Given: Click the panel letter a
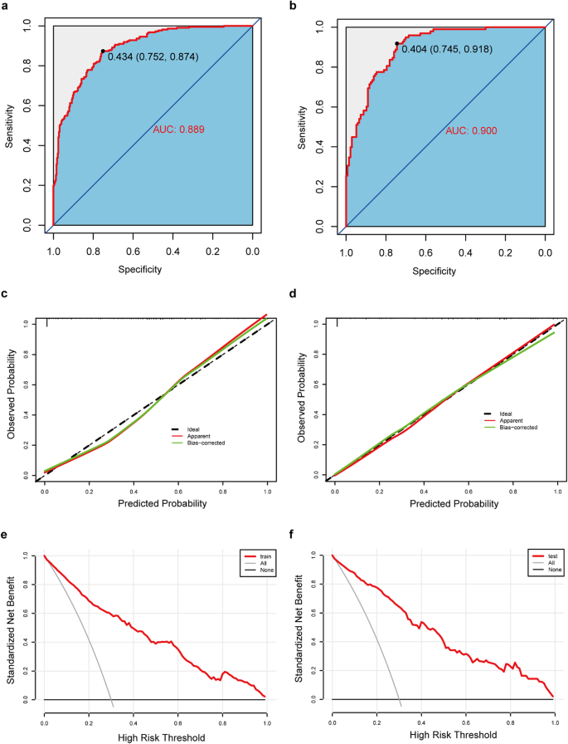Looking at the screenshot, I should pyautogui.click(x=7, y=7).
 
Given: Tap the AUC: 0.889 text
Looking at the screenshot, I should pyautogui.click(x=178, y=130).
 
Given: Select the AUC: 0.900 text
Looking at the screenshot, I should pyautogui.click(x=472, y=132).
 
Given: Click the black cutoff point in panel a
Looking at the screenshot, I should pyautogui.click(x=103, y=51).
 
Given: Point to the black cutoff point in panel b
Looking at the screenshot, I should pyautogui.click(x=397, y=43).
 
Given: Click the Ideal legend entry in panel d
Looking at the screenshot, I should pyautogui.click(x=506, y=413).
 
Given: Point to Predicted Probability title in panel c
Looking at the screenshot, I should pyautogui.click(x=156, y=503).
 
